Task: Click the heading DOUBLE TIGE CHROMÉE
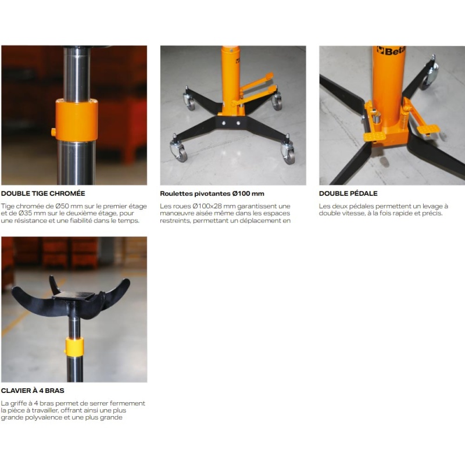43,194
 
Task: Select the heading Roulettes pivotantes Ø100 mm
212,194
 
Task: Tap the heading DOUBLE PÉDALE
348,194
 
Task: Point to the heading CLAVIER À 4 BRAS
33,391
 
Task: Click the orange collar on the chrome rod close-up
77,120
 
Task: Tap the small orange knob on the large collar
53,132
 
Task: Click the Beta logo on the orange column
391,51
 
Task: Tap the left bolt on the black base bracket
224,123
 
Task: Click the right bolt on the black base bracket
238,123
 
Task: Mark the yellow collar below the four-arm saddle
74,346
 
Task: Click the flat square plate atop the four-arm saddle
74,296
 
